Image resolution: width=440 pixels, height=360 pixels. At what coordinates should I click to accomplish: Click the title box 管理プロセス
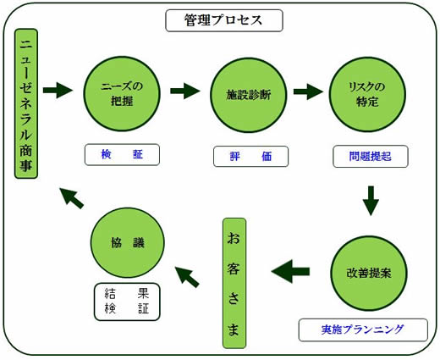coord(224,20)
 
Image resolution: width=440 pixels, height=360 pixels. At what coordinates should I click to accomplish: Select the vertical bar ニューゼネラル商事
coord(26,103)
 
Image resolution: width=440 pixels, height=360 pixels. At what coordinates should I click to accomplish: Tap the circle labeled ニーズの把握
coord(122,94)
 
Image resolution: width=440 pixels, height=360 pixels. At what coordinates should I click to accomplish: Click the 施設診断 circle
coord(249,95)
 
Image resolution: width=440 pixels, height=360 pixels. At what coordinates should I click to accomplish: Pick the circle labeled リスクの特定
coord(367,94)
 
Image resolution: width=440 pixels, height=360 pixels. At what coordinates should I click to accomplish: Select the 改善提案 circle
coord(369,274)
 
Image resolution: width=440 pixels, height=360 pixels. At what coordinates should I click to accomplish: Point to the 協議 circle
coord(128,243)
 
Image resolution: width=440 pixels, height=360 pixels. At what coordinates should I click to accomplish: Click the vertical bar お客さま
coord(234,283)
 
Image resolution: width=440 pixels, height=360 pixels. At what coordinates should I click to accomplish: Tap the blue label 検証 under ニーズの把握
coord(122,154)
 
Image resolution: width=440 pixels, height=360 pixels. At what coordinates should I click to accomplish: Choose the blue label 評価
coord(250,156)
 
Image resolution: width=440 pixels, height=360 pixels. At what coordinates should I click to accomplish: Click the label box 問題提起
coord(371,157)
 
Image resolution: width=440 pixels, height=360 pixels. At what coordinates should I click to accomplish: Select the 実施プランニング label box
coord(363,330)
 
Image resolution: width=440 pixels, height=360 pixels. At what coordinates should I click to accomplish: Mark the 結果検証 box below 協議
coord(127,302)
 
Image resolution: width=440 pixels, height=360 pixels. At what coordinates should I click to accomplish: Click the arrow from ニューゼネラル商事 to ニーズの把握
coord(58,90)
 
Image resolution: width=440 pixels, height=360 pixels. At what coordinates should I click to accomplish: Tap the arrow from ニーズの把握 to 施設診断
coord(185,91)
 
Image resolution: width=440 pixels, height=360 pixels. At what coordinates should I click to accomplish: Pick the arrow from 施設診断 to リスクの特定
coord(308,91)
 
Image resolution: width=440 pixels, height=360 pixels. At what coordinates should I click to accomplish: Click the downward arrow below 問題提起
coord(371,201)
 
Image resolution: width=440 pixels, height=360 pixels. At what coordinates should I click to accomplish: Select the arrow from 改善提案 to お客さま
coord(290,271)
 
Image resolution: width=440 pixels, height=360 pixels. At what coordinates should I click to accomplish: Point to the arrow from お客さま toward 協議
coord(186,277)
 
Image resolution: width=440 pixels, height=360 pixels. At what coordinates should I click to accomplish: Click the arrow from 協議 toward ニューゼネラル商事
coord(72,198)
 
